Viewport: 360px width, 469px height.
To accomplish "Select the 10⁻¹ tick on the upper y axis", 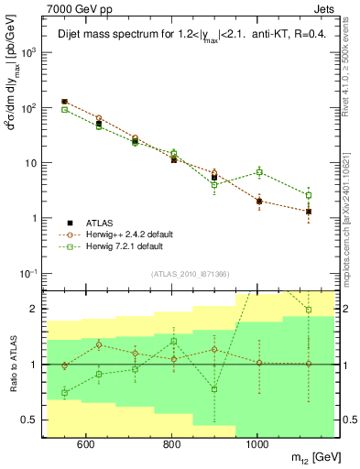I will pos(33,273).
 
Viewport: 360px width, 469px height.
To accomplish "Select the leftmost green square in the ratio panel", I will pos(64,392).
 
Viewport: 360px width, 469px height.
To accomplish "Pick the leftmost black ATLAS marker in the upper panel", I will pos(64,102).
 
